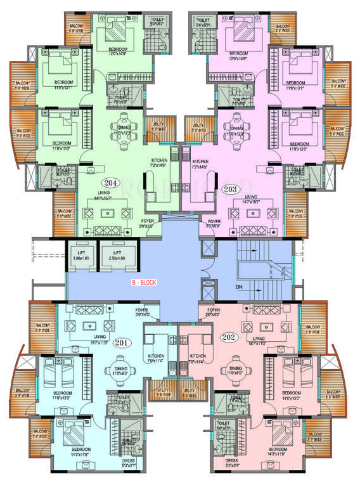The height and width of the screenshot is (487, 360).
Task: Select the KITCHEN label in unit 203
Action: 201,161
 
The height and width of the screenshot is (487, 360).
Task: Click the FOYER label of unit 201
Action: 143,310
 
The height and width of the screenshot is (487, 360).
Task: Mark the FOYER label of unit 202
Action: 211,310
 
